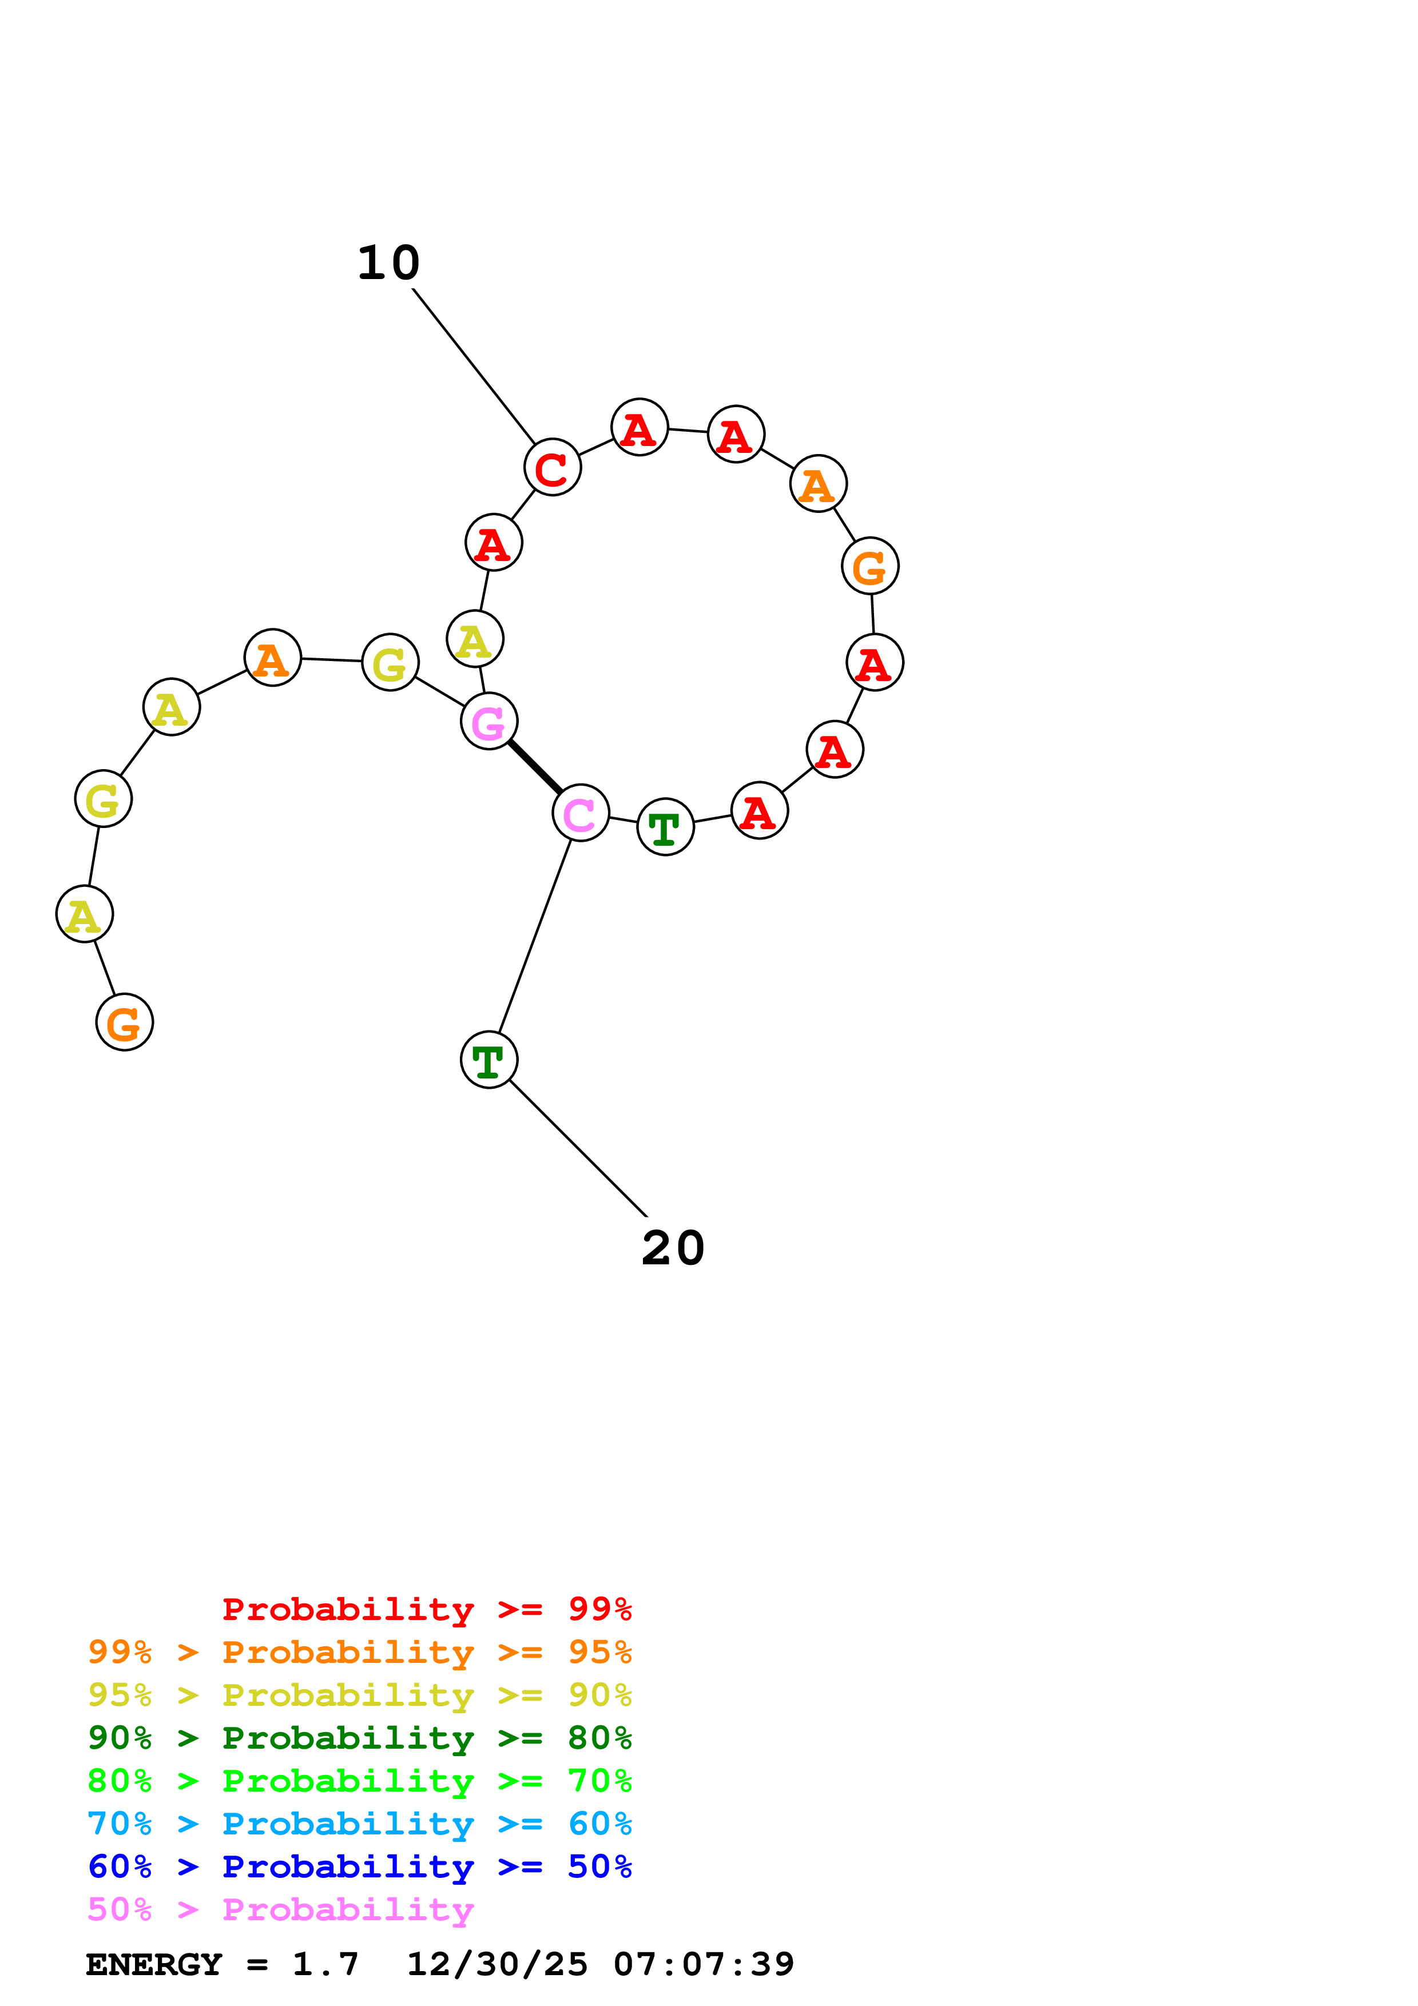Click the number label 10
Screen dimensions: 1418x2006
(x=389, y=263)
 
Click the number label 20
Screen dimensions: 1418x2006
(x=673, y=1248)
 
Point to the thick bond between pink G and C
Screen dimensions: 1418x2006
(x=535, y=767)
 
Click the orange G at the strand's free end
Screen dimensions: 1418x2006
(x=125, y=1023)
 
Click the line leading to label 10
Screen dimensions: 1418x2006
(x=474, y=367)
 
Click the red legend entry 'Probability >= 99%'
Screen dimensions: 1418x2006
(x=426, y=1609)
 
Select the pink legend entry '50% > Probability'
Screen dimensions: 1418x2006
(x=280, y=1909)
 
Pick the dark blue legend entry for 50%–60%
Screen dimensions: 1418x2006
(x=359, y=1866)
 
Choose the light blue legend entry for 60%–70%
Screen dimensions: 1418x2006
(x=359, y=1824)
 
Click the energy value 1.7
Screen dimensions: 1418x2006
(x=325, y=1964)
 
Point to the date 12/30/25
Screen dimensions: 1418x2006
(x=497, y=1964)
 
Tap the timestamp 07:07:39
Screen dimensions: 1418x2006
(x=704, y=1964)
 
